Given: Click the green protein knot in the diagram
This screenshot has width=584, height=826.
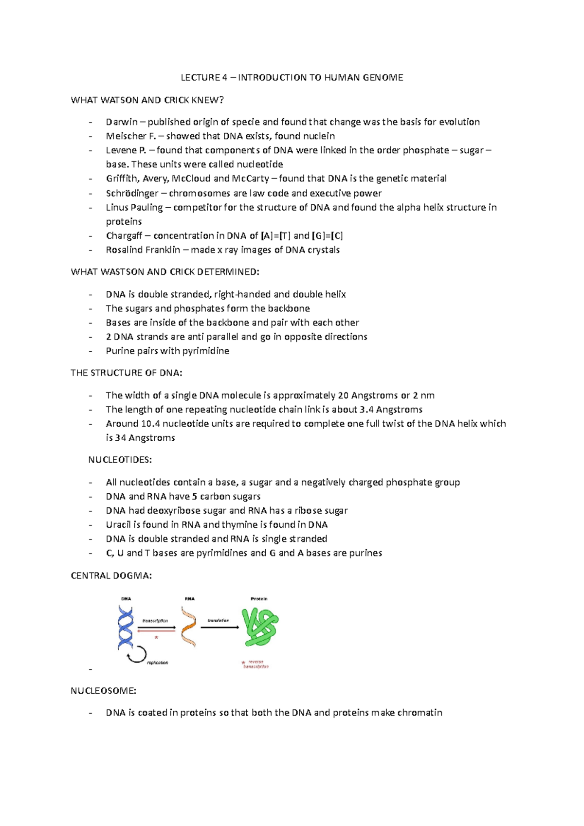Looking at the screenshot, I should pos(260,627).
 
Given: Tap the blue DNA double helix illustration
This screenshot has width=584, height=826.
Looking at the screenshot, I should pos(126,627).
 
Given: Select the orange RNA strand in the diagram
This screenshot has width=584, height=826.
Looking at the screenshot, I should pos(189,627).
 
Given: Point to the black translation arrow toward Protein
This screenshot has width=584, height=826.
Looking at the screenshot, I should pos(220,628).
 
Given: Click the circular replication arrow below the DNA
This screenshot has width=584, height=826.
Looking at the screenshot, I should pos(137,655).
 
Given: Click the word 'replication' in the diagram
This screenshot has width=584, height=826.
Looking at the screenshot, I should pos(157,663).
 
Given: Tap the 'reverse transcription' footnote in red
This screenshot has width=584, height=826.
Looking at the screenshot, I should pos(256,664).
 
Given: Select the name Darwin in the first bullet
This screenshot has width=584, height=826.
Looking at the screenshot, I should pos(122,122).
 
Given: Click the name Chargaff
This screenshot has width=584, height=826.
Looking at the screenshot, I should pos(124,236).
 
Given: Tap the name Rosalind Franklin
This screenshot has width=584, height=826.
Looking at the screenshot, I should pos(143,250).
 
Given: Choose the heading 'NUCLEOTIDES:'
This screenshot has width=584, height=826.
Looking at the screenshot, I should pos(120,460).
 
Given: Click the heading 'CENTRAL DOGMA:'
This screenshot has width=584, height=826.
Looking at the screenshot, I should pos(111,576).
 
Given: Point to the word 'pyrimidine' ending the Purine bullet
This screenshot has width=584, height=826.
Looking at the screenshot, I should pos(205,351).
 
